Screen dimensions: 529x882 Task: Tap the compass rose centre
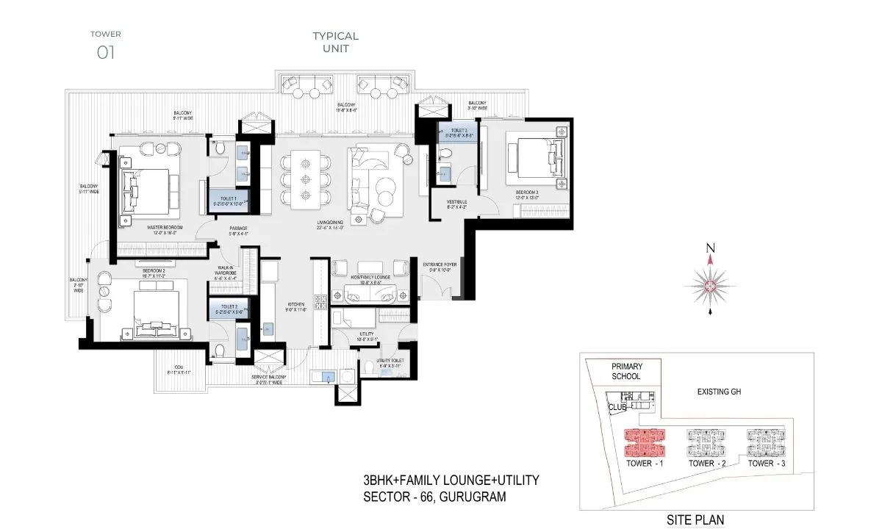pos(710,286)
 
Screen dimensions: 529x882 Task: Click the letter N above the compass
pos(710,248)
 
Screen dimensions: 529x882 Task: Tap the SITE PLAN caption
pos(695,519)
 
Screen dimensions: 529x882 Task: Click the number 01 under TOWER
pos(106,52)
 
